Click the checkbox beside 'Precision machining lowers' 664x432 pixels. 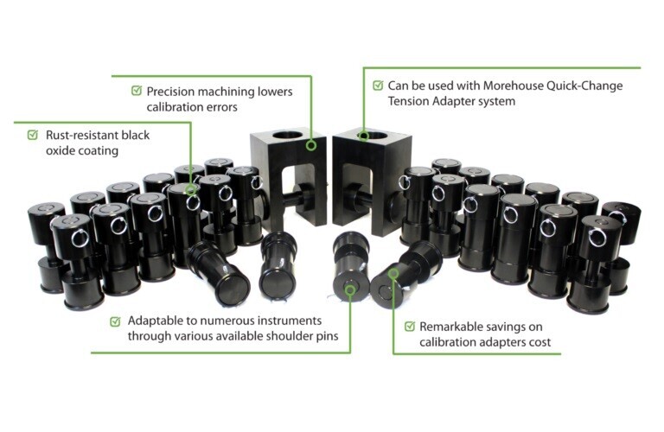pyautogui.click(x=137, y=90)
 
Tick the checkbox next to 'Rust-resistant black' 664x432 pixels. pyautogui.click(x=33, y=135)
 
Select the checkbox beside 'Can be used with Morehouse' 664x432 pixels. pyautogui.click(x=378, y=86)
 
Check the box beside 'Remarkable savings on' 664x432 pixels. pyautogui.click(x=408, y=327)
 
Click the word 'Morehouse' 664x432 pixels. pyautogui.click(x=495, y=86)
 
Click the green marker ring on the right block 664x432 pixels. pyautogui.click(x=365, y=136)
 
